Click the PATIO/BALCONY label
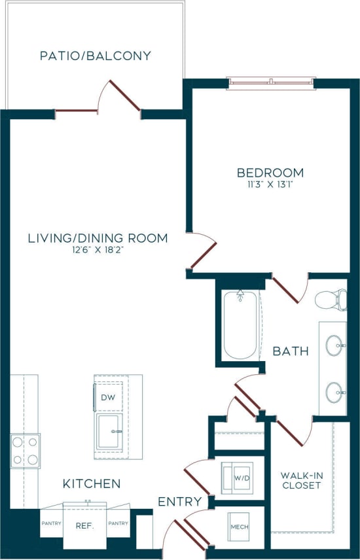(96, 56)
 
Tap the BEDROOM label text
(270, 173)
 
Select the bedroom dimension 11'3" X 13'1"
(270, 184)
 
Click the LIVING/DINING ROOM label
(98, 238)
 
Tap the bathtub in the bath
(240, 324)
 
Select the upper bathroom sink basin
(335, 344)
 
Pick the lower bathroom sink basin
(335, 393)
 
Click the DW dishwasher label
(107, 397)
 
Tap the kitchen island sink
(109, 432)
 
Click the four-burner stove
(25, 451)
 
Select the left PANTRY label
(51, 523)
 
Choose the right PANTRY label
(118, 523)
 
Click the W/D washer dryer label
(241, 478)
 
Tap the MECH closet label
(238, 526)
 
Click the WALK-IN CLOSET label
(301, 480)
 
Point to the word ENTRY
(179, 502)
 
